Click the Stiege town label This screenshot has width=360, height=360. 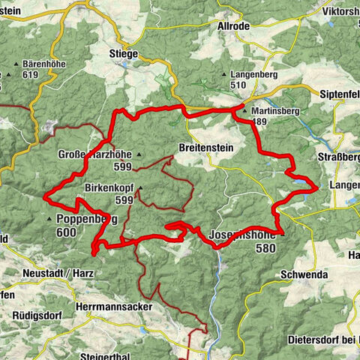tap(123, 53)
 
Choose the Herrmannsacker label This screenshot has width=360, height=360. tap(115, 307)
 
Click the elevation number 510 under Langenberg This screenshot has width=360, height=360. tap(238, 85)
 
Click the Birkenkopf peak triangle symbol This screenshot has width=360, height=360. tap(139, 188)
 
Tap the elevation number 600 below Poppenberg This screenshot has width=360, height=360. tap(66, 232)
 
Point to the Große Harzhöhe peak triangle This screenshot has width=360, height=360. tap(138, 154)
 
